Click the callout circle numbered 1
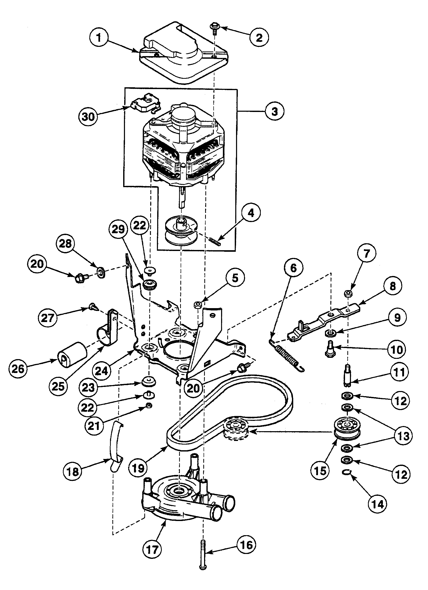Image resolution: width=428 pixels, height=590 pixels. [98, 38]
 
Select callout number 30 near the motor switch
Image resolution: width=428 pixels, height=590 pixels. [88, 117]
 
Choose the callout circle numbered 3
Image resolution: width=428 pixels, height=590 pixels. [275, 111]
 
